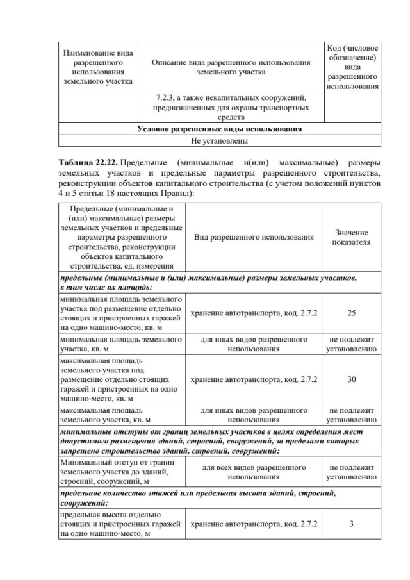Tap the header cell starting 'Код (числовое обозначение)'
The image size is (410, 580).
pos(352,67)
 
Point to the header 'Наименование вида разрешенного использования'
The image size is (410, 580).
pos(98,67)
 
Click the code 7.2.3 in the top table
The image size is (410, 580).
pos(167,99)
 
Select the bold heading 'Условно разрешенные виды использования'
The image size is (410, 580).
pos(220,129)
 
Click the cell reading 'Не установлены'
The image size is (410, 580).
pos(220,140)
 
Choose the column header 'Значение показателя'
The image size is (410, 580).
pos(352,237)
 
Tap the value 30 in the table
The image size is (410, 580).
pos(352,379)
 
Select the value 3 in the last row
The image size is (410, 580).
pos(352,524)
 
